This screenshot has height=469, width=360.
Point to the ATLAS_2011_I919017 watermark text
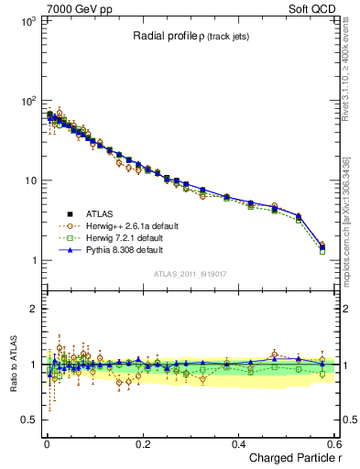click(191, 274)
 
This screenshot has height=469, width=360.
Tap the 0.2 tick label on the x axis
click(142, 443)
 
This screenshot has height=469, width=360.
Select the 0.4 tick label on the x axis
click(238, 443)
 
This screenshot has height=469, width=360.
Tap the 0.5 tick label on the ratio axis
click(30, 420)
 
